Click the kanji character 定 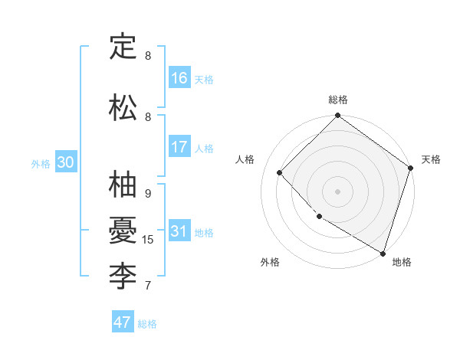click(x=123, y=47)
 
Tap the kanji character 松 click(x=123, y=108)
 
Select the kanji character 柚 click(x=123, y=185)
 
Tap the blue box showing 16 click(x=179, y=78)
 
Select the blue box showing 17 click(x=179, y=147)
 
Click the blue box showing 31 click(x=179, y=231)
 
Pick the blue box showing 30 click(x=65, y=162)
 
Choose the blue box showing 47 click(x=123, y=322)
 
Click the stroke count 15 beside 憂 click(x=148, y=240)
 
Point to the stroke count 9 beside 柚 click(x=148, y=194)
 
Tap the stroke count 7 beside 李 click(x=148, y=286)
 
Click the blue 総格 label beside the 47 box click(x=147, y=324)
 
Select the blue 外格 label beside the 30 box click(x=41, y=163)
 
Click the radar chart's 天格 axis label click(x=431, y=159)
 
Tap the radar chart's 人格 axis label click(x=245, y=159)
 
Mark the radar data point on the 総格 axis click(x=337, y=116)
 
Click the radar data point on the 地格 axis click(x=383, y=251)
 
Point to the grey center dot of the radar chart click(x=337, y=191)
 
